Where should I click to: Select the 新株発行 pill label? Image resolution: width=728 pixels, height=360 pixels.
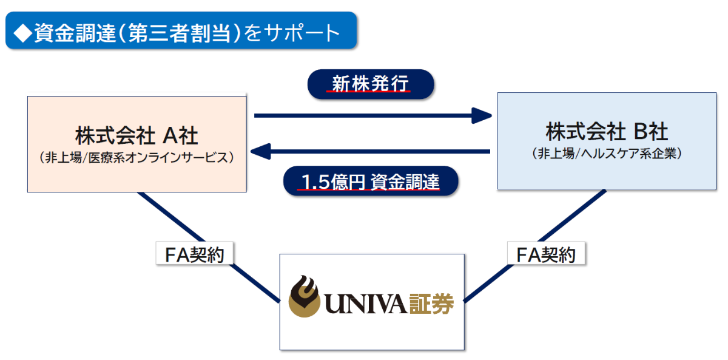(370, 84)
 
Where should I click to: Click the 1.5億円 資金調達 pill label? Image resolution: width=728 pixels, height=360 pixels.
(370, 182)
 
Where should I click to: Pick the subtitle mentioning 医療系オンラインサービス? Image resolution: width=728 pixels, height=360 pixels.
(136, 157)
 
